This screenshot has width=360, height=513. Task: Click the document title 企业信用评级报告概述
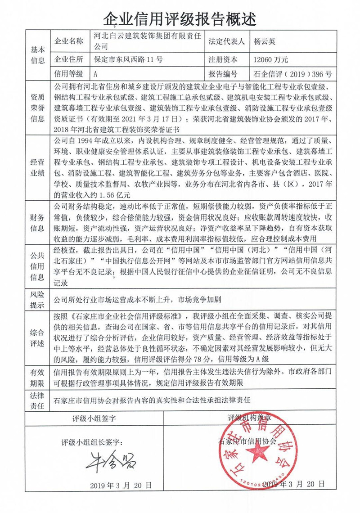pyautogui.click(x=180, y=18)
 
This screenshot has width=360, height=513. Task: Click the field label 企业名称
pyautogui.click(x=68, y=41)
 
